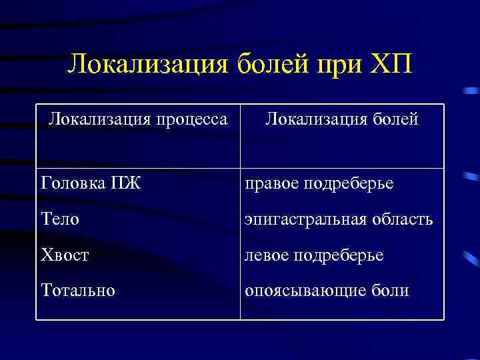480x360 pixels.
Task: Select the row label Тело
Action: [x=60, y=219]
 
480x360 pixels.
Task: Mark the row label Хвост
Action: [x=65, y=255]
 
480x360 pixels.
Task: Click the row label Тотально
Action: [x=77, y=291]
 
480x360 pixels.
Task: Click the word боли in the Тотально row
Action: [x=391, y=291]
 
